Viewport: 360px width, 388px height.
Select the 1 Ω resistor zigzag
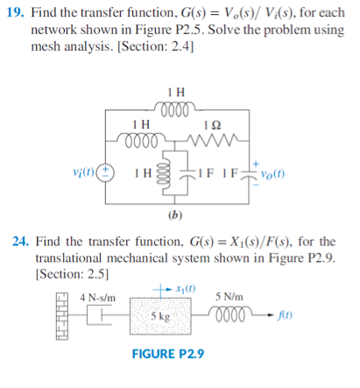(x=208, y=139)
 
